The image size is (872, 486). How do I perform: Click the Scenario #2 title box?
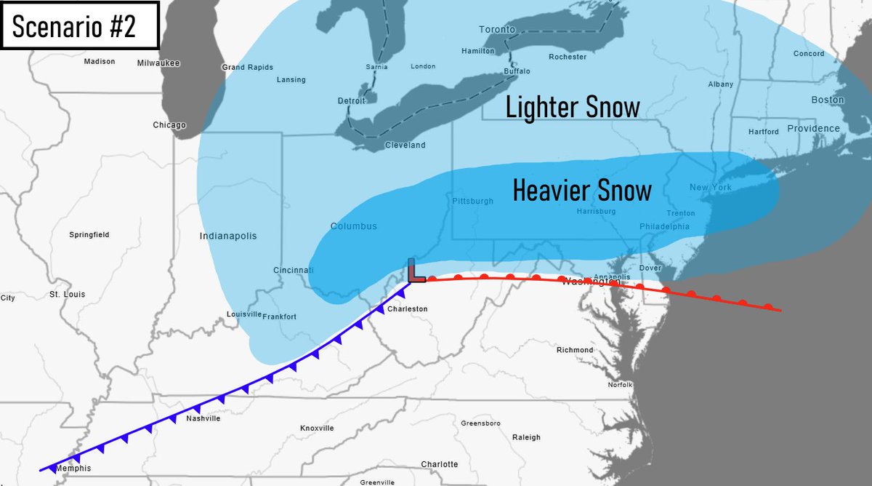coord(80,25)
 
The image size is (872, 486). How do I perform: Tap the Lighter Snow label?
coord(573,108)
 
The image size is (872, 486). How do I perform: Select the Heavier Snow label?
coord(582,191)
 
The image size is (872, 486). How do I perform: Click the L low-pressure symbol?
coord(415,271)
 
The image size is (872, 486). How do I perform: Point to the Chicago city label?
coord(169,125)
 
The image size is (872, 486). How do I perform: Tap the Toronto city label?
coord(497,30)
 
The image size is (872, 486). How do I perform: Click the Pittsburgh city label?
coord(472,201)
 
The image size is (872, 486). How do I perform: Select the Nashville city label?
coord(203,418)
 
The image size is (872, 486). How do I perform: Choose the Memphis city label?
coord(73,468)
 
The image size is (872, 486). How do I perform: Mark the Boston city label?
coord(827,100)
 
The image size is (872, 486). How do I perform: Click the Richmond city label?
coord(575,350)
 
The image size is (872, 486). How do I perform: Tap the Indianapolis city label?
coord(228,236)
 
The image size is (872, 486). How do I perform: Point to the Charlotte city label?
coord(440,464)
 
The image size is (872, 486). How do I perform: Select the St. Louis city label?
coord(67,295)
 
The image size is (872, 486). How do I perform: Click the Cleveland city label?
coord(405,146)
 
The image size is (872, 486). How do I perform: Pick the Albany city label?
coord(720,84)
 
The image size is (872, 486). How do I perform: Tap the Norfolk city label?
coord(621,384)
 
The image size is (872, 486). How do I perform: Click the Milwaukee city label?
coord(158,63)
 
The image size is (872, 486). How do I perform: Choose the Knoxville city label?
coord(317,428)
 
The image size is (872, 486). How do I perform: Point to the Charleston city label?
coord(407,308)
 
